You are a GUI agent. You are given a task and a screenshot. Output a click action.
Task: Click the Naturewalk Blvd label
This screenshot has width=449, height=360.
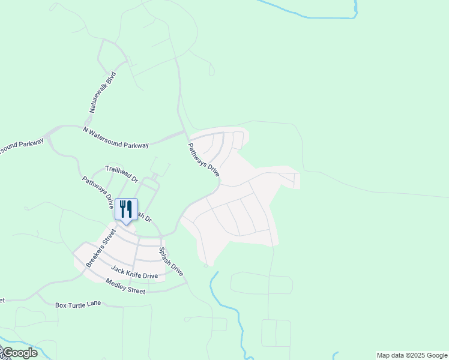pos(103,92)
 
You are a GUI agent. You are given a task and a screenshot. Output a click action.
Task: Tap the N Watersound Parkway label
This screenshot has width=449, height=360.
pos(116,137)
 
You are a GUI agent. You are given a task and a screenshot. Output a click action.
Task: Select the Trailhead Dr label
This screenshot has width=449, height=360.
pos(122,175)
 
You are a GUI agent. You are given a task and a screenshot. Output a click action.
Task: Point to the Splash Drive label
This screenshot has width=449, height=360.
pos(171,262)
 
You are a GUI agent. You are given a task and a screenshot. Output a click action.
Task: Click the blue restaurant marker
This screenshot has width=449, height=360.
pos(126,210)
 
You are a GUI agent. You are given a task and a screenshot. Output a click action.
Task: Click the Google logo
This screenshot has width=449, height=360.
pos(20,352)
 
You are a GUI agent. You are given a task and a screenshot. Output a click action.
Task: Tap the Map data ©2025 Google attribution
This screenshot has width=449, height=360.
pos(412,355)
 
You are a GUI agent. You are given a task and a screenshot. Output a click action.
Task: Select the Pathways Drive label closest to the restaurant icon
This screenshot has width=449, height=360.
pos(98,191)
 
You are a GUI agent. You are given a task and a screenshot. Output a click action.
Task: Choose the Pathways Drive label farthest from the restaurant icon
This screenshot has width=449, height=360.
pos(204,158)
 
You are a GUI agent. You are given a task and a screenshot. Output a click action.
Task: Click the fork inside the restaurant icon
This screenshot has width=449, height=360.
pos(122,209)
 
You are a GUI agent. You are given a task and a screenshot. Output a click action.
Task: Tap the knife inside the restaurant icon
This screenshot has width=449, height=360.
pos(130,209)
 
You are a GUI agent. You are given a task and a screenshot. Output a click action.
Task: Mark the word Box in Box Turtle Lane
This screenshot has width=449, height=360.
pos(61,305)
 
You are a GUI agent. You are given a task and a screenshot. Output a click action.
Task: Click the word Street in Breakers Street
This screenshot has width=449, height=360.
pos(108,235)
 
